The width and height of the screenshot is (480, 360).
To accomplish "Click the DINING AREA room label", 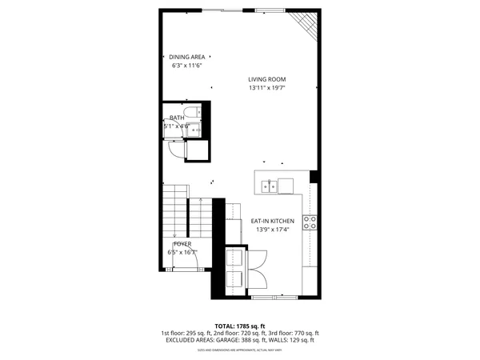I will (187, 57).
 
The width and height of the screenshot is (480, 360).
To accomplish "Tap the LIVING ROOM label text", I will (266, 79).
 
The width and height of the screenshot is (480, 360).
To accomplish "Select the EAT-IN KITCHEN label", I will (273, 221).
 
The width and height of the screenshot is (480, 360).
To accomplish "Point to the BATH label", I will (176, 118).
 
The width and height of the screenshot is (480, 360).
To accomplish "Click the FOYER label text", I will (182, 243).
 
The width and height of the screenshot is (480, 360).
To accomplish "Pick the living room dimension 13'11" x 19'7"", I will (266, 88).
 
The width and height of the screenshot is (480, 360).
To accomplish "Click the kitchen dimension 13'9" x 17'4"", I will (273, 230).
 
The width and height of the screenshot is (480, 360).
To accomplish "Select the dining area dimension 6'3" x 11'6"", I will (187, 66).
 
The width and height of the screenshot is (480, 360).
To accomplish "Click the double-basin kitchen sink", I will (269, 186).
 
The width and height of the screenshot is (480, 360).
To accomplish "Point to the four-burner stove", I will (310, 224).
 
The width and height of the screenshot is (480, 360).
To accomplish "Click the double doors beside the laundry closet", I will (261, 270).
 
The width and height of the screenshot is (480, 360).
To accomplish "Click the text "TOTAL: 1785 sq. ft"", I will (240, 326).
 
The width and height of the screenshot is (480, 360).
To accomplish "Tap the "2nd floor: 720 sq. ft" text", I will (239, 333).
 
